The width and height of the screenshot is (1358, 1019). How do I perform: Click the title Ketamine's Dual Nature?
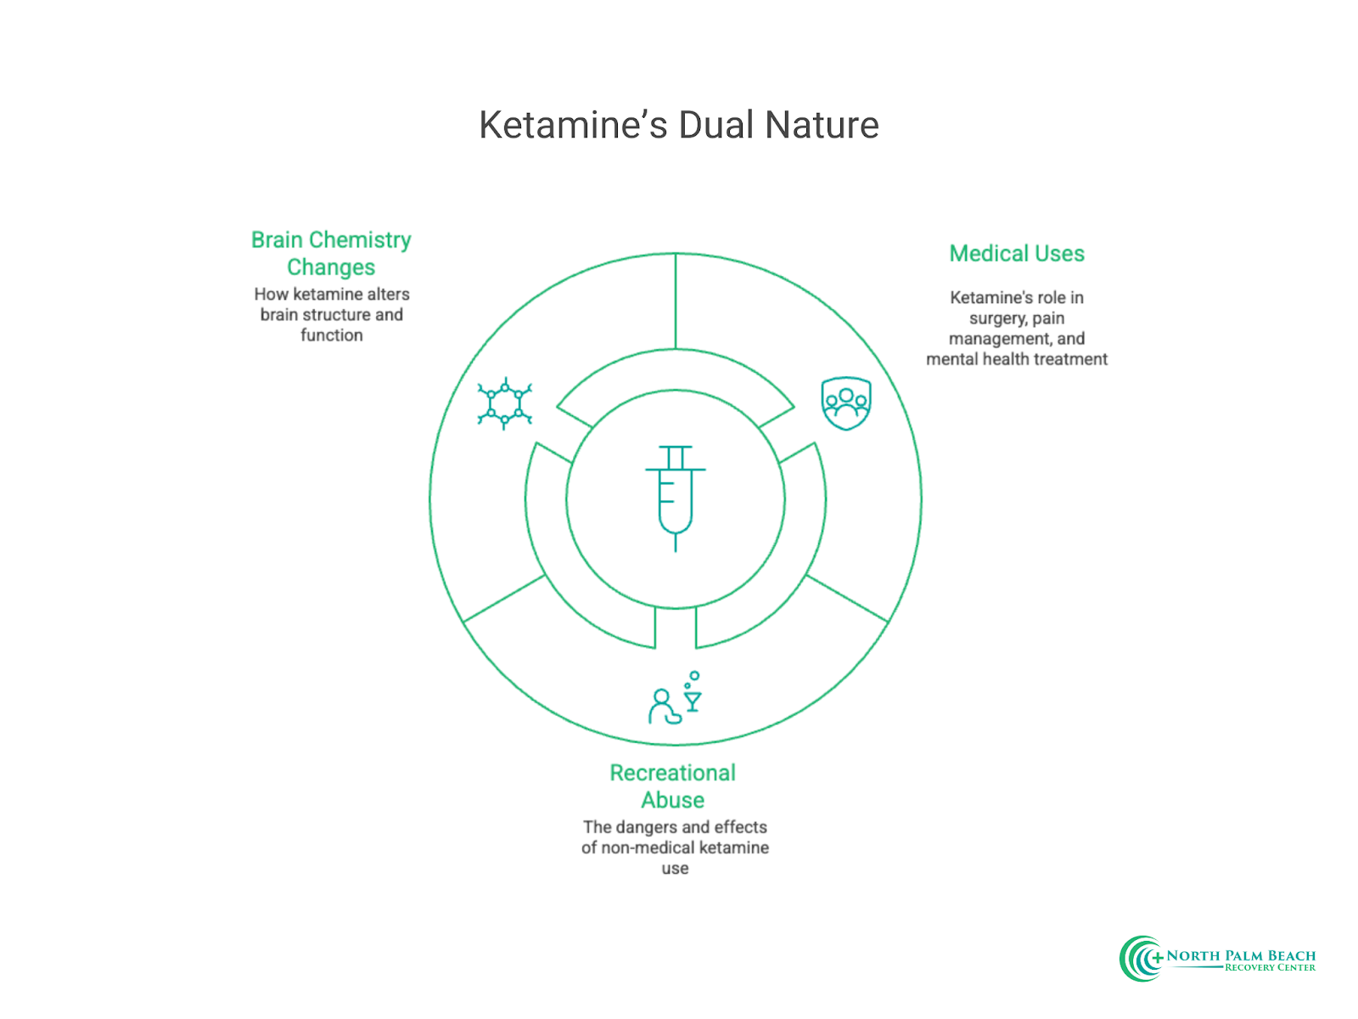[x=678, y=125]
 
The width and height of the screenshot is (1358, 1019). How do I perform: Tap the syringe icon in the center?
[x=676, y=497]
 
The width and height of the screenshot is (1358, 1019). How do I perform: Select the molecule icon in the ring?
[x=504, y=403]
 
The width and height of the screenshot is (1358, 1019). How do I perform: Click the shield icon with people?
[x=845, y=403]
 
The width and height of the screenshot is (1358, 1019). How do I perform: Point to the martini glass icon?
[x=693, y=701]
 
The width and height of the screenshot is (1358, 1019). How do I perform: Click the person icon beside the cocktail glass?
[x=663, y=707]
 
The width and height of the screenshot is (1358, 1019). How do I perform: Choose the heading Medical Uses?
[x=1016, y=253]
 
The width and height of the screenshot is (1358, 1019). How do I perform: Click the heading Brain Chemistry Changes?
[x=331, y=253]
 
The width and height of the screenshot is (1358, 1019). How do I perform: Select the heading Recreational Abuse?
[x=672, y=786]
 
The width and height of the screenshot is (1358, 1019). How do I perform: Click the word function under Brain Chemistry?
[x=331, y=335]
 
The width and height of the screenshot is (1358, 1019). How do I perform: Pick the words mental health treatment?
[x=1016, y=359]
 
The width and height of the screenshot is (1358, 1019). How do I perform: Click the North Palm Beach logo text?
[x=1240, y=955]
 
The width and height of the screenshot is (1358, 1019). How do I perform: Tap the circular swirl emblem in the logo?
[x=1141, y=959]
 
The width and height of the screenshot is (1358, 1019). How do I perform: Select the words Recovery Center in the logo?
[x=1270, y=968]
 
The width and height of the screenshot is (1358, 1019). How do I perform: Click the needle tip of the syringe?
[x=676, y=548]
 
